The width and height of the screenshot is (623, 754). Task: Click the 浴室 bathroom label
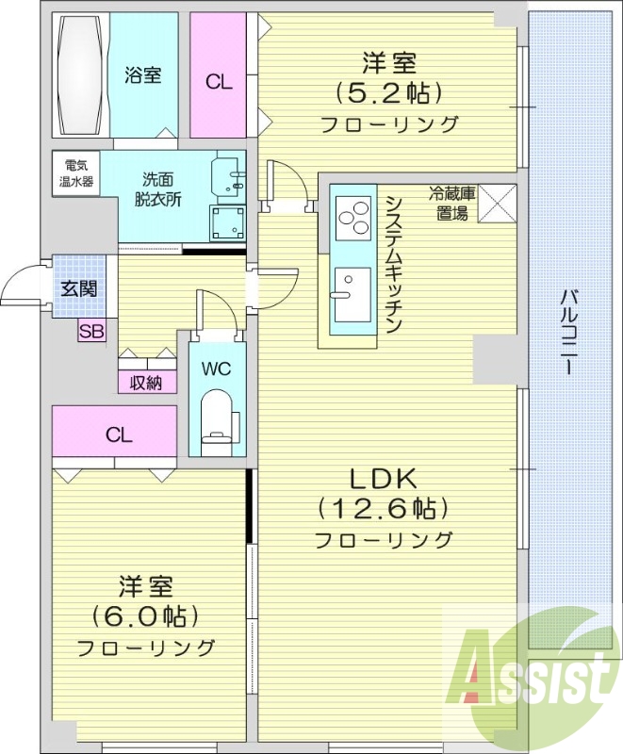coord(143,75)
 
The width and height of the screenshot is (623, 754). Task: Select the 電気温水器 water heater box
coord(73,172)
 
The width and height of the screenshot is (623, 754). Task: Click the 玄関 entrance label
coord(79,288)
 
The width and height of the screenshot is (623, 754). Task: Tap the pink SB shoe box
coord(91,330)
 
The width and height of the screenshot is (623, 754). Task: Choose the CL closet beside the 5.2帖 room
coord(219,80)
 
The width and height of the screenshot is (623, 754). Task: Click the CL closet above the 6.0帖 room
coord(118,434)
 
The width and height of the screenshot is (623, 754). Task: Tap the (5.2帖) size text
coord(388,94)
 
